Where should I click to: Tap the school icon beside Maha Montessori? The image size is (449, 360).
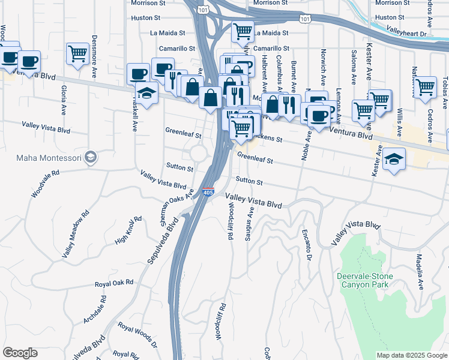click(91, 157)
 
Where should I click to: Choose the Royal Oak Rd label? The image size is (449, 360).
click(114, 282)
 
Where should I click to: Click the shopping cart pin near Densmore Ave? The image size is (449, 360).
click(77, 53)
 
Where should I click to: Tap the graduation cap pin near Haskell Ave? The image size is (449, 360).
click(145, 92)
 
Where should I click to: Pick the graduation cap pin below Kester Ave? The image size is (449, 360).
click(394, 159)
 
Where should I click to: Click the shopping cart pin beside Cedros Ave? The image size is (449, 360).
click(426, 86)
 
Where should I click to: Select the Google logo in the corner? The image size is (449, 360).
click(20, 353)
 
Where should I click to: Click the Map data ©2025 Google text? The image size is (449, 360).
click(411, 355)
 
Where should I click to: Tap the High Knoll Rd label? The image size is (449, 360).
click(128, 230)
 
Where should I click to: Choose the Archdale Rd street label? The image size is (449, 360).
click(95, 310)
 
